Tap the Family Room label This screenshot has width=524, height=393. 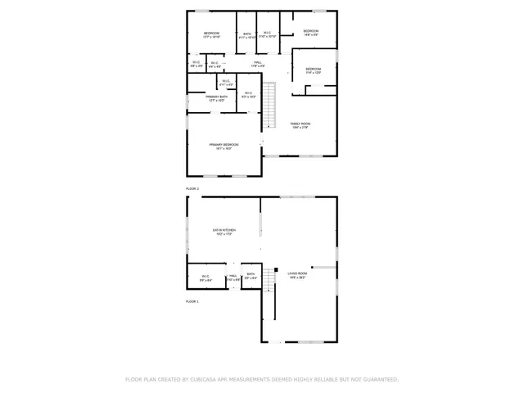pyautogui.click(x=300, y=124)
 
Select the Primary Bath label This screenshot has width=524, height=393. pyautogui.click(x=217, y=98)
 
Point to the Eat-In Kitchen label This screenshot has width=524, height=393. pyautogui.click(x=224, y=232)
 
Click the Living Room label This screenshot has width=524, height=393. pyautogui.click(x=296, y=274)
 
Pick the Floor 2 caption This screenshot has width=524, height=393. pyautogui.click(x=192, y=188)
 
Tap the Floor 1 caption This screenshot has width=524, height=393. pyautogui.click(x=192, y=301)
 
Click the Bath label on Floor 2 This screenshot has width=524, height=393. pyautogui.click(x=246, y=35)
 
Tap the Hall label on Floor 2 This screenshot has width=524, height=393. pyautogui.click(x=257, y=63)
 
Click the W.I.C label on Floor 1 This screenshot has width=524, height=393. pyautogui.click(x=206, y=277)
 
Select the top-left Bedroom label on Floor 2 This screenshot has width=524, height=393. pyautogui.click(x=212, y=34)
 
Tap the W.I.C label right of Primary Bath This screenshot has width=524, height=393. pyautogui.click(x=248, y=95)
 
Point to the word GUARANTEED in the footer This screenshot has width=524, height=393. pyautogui.click(x=377, y=380)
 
